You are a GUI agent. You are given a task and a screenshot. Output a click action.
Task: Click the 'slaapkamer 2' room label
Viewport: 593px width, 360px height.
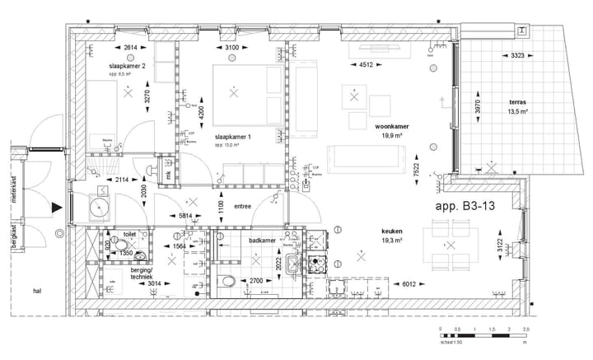click(127, 65)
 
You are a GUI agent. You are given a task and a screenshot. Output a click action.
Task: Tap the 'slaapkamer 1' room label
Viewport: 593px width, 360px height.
click(232, 137)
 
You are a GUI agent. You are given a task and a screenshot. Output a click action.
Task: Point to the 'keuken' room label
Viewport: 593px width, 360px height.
click(392, 232)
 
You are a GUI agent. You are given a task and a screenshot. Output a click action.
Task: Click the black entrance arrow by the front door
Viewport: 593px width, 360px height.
click(56, 208)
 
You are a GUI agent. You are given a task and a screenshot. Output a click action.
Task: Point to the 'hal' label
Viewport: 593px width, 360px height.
click(37, 291)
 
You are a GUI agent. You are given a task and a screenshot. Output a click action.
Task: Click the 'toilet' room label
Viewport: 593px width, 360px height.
click(129, 234)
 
